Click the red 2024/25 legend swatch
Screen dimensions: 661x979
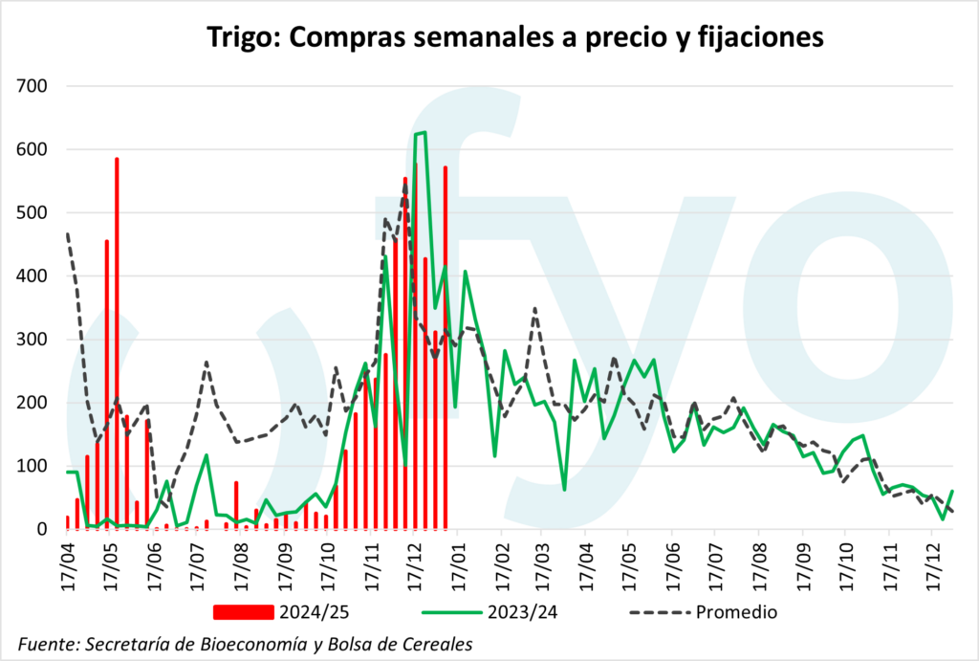click(245, 611)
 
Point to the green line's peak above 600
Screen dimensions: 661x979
click(421, 132)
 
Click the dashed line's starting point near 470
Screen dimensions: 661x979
click(67, 233)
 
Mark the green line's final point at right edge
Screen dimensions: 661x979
click(952, 491)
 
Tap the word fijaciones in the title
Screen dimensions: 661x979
click(762, 38)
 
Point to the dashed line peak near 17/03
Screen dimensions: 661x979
click(535, 308)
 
